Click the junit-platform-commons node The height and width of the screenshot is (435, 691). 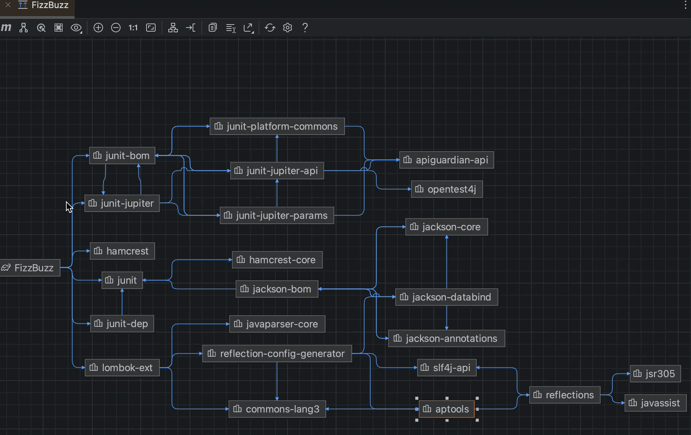click(277, 126)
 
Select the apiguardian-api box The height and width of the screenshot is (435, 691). click(447, 160)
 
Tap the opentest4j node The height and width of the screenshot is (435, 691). click(447, 189)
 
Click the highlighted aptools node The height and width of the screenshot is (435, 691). click(447, 409)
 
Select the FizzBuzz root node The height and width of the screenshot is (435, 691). click(30, 268)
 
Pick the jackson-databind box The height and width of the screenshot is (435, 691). click(447, 297)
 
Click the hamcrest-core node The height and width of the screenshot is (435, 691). click(277, 260)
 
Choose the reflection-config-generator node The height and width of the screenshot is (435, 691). click(277, 354)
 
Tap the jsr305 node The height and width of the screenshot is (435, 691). click(655, 374)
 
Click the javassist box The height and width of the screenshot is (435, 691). click(655, 403)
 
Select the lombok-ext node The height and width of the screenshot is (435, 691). click(122, 368)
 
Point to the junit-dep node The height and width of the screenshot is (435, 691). click(122, 324)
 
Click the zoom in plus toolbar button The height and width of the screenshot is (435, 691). click(98, 28)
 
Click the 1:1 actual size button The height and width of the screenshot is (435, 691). click(133, 28)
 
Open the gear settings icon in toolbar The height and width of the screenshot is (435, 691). click(287, 28)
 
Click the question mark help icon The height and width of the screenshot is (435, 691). click(305, 28)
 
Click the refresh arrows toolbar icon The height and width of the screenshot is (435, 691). click(270, 28)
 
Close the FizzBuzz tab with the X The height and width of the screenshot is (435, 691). click(8, 5)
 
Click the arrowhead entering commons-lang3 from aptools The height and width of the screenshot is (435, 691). click(328, 409)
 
